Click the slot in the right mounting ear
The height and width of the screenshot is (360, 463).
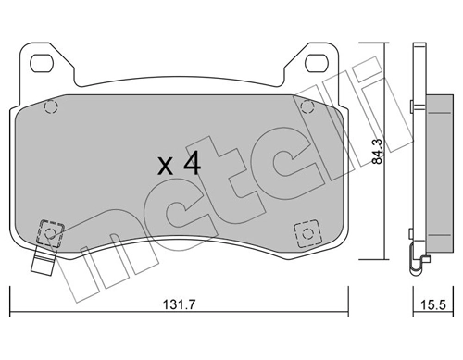315,63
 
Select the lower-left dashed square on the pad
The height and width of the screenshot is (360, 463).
51,230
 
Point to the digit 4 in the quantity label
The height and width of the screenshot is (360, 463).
191,165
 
